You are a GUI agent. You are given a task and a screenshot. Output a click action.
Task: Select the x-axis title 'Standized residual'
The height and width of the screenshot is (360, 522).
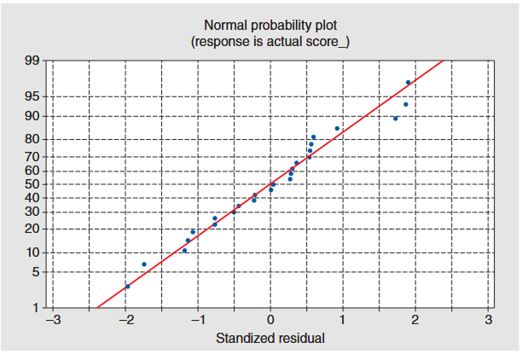coord(270,338)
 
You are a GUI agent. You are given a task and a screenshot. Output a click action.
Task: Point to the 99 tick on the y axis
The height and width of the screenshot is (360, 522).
coord(31,61)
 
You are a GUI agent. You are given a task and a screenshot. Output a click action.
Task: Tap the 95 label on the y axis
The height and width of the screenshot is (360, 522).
coord(31,96)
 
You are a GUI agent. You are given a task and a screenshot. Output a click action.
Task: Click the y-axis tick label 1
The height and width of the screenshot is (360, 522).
coord(34,307)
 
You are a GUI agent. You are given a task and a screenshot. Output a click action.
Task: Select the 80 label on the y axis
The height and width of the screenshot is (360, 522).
coord(31,139)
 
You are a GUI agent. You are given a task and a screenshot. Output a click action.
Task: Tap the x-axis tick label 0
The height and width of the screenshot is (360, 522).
coord(270,320)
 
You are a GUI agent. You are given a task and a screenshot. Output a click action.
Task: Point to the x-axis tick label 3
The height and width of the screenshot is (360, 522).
coord(489,320)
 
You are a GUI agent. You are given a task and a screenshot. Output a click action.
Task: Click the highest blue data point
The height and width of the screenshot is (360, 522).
coord(408,83)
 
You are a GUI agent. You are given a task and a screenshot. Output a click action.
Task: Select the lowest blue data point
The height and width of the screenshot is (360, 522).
coord(127,287)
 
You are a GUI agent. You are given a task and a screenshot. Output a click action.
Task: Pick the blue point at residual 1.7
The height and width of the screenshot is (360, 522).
coord(395,119)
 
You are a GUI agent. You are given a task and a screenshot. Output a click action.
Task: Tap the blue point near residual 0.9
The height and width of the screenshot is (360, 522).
coord(337,129)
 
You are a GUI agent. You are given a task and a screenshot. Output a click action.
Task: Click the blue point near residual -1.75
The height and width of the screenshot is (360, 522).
coord(144,264)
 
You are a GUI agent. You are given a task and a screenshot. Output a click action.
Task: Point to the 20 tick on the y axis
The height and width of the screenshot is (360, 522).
coord(31,229)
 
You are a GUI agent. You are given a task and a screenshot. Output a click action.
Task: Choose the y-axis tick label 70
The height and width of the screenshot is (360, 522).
coord(31,157)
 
